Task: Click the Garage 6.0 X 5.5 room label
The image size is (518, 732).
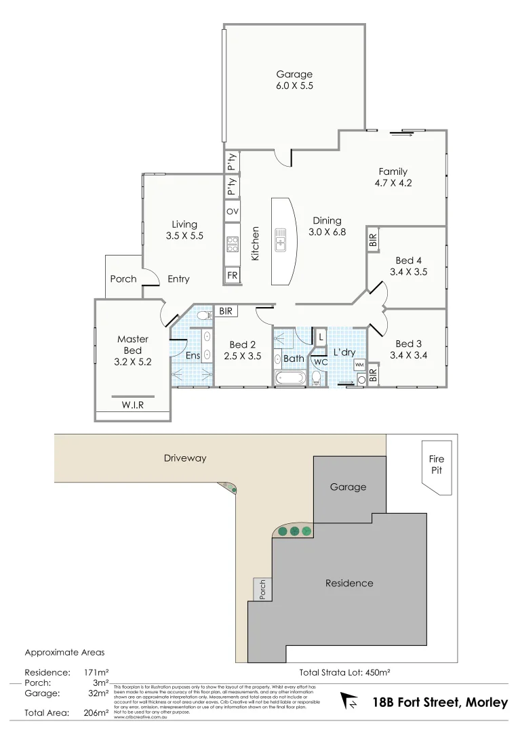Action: [294, 80]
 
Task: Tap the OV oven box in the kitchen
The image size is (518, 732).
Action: [233, 211]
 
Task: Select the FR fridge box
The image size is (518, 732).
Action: [233, 275]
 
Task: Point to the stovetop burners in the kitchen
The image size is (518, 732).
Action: [233, 243]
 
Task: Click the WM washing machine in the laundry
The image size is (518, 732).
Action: [359, 365]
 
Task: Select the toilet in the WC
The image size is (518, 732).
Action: [317, 378]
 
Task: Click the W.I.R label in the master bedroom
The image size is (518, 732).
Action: [133, 405]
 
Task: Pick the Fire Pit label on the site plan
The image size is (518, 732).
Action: [437, 465]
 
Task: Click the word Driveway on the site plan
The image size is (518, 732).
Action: [185, 458]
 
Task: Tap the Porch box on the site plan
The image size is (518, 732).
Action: [262, 588]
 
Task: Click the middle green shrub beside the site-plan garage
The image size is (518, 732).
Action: [294, 531]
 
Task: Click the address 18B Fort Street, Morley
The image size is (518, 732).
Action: [440, 703]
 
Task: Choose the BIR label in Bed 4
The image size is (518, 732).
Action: [372, 240]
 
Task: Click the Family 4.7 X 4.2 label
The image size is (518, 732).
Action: [393, 177]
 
